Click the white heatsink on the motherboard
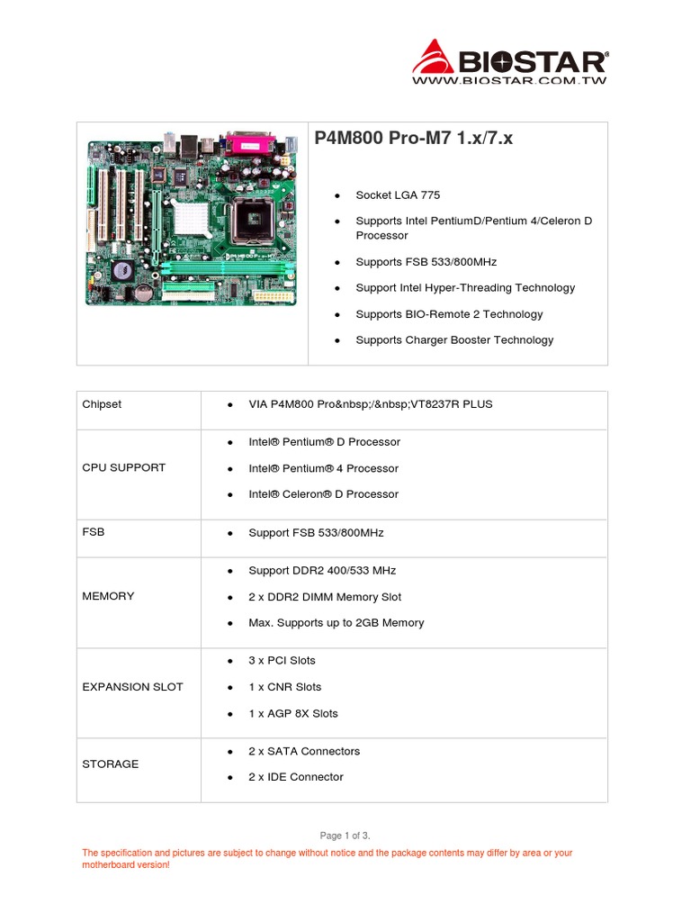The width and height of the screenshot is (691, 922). point(198,216)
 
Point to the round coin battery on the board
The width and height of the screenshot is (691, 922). point(142,292)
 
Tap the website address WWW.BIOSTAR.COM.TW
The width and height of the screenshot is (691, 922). point(509,81)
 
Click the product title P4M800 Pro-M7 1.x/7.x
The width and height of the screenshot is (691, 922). point(414,139)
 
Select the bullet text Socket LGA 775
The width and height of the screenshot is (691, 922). point(398,195)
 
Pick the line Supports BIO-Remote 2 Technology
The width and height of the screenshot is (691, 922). point(449,314)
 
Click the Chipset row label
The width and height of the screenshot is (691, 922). point(102,404)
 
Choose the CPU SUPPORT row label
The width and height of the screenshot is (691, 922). point(124,468)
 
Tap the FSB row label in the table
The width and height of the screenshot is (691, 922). point(94,532)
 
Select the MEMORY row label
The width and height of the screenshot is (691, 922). point(108,596)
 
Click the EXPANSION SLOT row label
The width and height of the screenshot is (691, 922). point(132,687)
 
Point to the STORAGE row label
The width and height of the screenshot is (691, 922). point(111,764)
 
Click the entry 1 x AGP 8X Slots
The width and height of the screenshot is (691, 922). point(293,713)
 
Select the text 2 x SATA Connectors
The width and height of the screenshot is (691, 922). point(304,751)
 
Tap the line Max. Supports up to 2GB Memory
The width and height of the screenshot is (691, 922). point(336,623)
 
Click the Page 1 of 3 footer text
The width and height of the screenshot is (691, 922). point(345,836)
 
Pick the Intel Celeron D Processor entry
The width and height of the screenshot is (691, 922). point(323,494)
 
